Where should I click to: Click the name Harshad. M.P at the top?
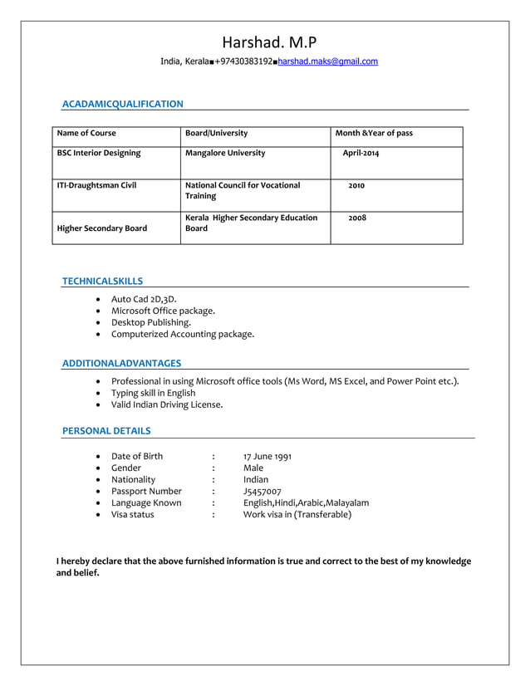click(269, 42)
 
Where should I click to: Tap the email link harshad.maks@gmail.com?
click(327, 61)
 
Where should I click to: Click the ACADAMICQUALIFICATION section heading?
click(123, 104)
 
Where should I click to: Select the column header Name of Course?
click(86, 133)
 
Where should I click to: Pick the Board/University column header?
click(216, 133)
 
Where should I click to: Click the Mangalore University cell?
click(225, 153)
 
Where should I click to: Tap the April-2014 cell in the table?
click(361, 153)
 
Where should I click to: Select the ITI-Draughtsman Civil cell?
click(96, 185)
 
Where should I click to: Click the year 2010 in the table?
click(356, 185)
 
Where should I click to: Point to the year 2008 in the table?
click(357, 218)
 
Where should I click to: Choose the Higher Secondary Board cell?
click(101, 228)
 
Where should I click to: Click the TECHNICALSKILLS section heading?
click(102, 282)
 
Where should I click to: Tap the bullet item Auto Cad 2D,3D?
click(144, 299)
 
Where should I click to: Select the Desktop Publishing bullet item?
click(151, 322)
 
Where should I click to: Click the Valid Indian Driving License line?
click(167, 404)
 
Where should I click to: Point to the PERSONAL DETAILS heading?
click(106, 431)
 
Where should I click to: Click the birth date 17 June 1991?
click(267, 456)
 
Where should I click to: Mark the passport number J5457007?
click(263, 491)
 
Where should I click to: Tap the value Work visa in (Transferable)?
click(297, 514)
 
